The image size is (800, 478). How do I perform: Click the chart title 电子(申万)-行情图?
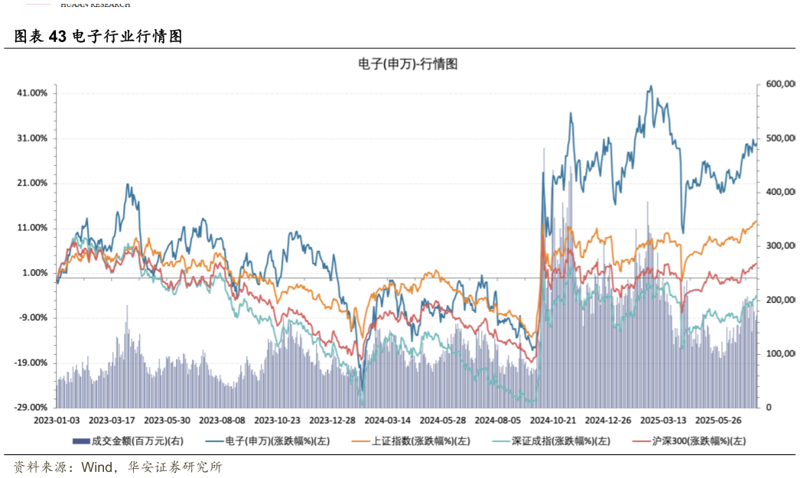tap(408, 64)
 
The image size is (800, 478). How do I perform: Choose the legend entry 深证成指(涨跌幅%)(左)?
tap(561, 441)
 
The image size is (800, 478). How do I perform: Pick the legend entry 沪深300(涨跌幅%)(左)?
tap(698, 441)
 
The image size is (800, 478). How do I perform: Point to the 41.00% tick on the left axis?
tap(32, 93)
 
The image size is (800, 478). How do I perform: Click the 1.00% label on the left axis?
tap(34, 273)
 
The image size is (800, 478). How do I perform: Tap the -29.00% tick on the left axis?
tap(31, 408)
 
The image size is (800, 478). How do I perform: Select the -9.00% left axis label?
tap(34, 318)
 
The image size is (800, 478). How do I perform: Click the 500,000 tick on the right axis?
tap(780, 138)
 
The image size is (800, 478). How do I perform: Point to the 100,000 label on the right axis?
tap(780, 354)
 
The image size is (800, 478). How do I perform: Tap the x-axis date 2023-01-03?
tap(57, 420)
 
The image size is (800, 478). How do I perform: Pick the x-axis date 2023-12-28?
tap(332, 420)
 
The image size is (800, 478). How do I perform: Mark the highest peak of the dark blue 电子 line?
tap(651, 86)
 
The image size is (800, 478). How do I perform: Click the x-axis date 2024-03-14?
tap(387, 420)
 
